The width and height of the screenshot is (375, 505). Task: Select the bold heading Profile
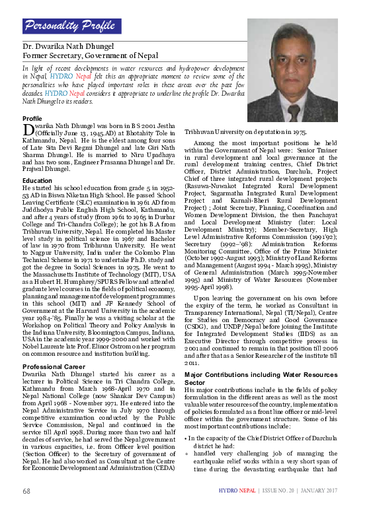tap(32, 118)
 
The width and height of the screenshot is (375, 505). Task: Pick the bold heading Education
tap(37, 180)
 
